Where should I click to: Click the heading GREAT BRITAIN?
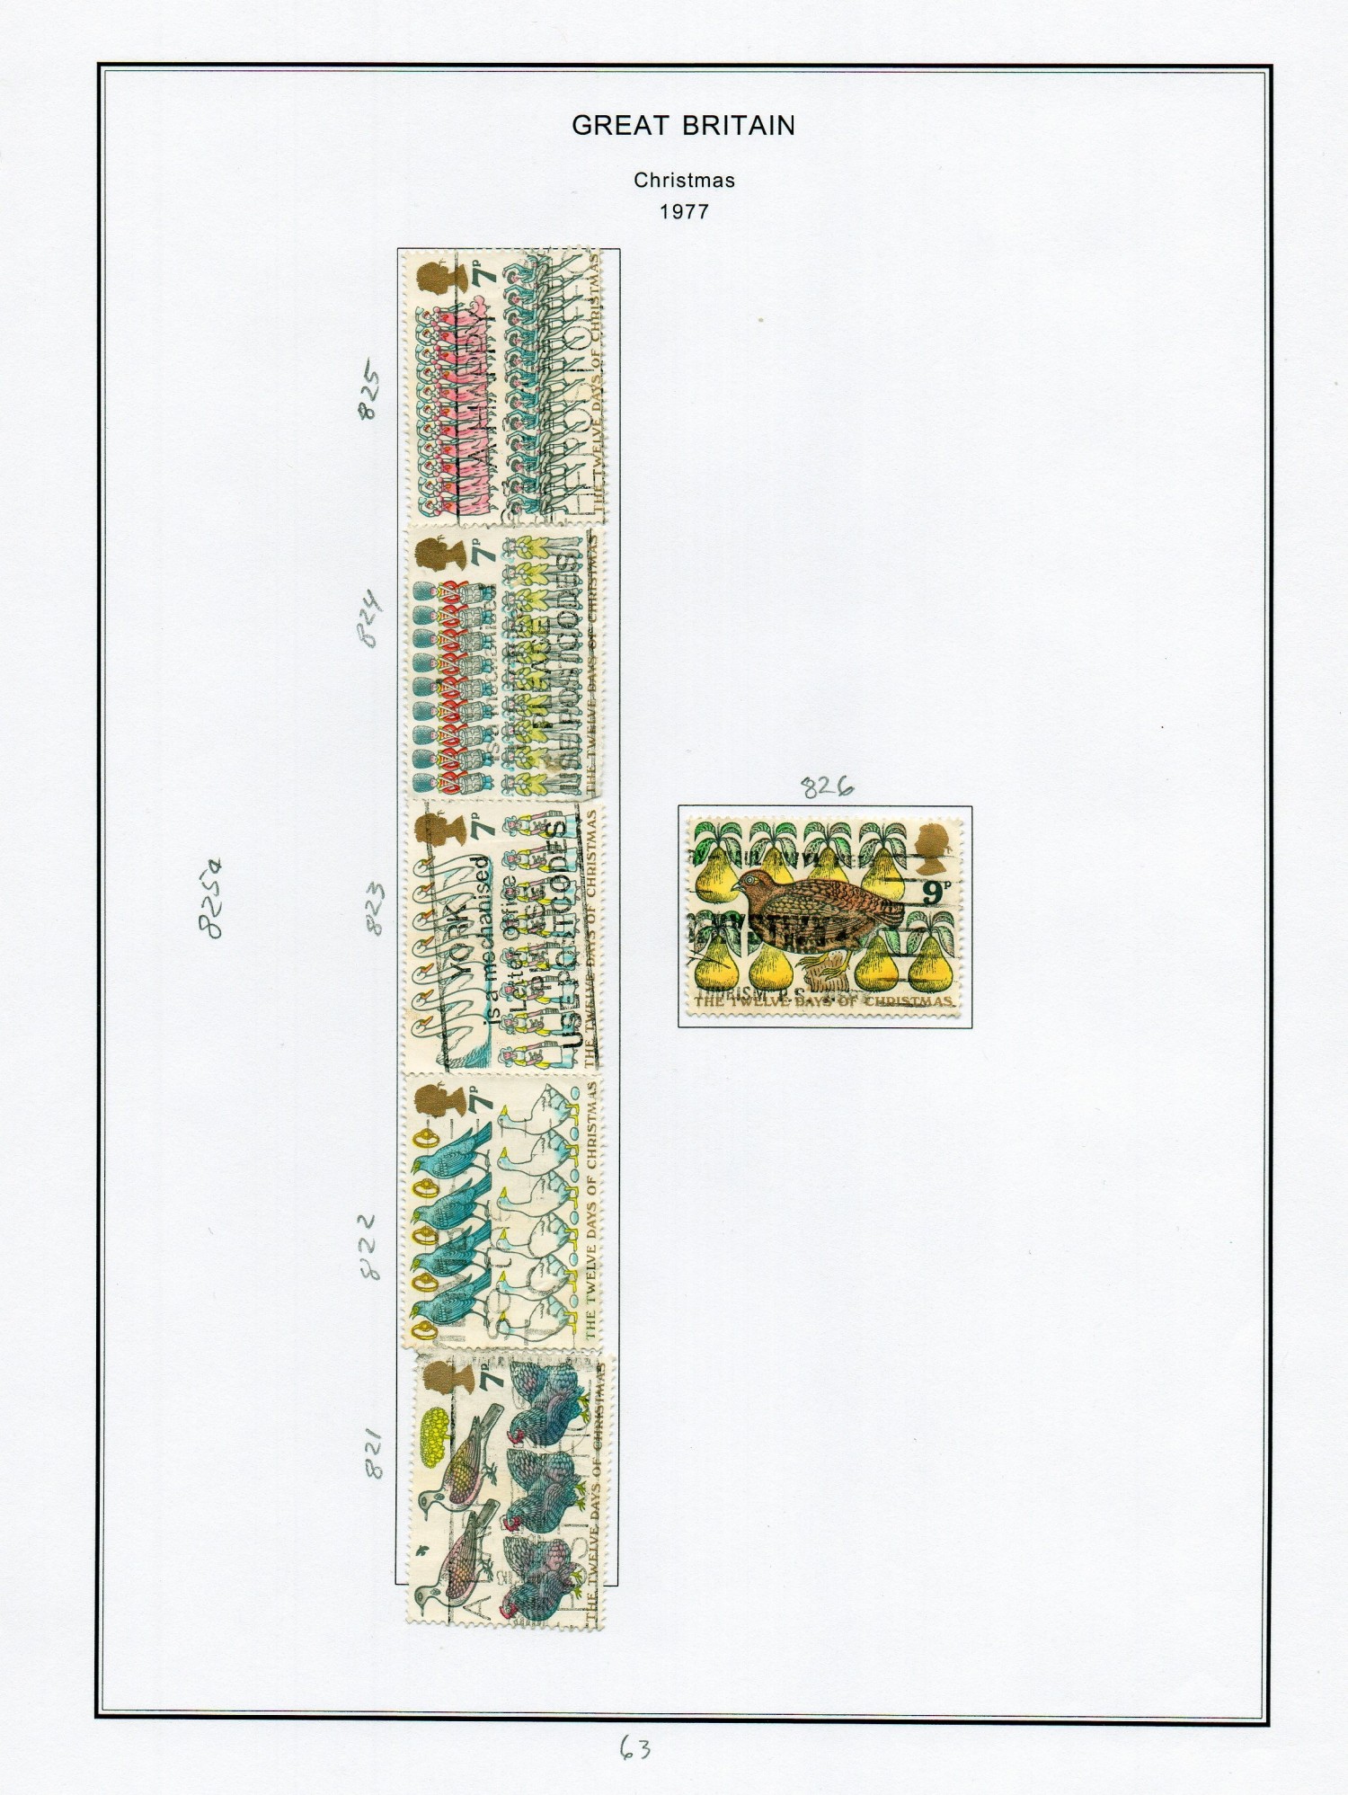click(x=683, y=126)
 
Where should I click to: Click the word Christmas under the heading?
click(x=684, y=180)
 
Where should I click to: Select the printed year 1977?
click(x=684, y=212)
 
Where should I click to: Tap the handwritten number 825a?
click(x=210, y=898)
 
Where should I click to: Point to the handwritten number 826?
click(x=827, y=787)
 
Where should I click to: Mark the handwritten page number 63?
click(x=634, y=1748)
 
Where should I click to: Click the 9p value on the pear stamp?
click(x=936, y=892)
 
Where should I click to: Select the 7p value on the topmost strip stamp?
click(x=485, y=275)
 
